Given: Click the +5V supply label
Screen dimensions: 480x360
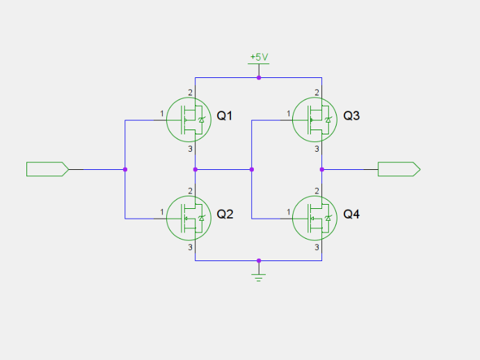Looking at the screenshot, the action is click(x=259, y=57).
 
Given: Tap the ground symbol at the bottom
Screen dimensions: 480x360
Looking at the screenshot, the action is click(x=259, y=278).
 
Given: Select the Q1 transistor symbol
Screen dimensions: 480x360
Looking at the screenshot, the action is click(x=189, y=120).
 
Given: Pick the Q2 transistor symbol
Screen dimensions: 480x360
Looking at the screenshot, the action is click(x=189, y=218).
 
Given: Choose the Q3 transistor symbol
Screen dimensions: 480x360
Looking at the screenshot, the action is click(x=314, y=120).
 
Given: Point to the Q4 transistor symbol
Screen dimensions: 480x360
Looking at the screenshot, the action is click(x=314, y=218).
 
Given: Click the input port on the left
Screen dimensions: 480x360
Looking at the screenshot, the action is click(x=48, y=169).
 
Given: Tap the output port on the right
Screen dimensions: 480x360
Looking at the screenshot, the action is click(x=399, y=169).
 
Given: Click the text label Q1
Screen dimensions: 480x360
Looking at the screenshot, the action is click(x=225, y=116).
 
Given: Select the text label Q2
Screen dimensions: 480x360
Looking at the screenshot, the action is click(x=225, y=214).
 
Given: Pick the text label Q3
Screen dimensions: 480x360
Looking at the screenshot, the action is click(x=351, y=116).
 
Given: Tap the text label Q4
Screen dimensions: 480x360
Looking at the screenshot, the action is click(x=351, y=214).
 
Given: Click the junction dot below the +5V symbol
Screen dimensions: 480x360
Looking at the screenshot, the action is click(x=259, y=78).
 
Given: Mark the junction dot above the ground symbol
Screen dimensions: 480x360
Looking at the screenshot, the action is click(x=259, y=260).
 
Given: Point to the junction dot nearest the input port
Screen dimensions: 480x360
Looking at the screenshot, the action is click(x=125, y=169).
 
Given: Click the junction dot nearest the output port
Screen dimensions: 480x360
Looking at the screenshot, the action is click(x=321, y=169).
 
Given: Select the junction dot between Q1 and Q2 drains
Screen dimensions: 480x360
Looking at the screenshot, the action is click(x=195, y=169).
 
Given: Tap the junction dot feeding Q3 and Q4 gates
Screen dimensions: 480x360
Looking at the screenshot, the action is click(x=252, y=169).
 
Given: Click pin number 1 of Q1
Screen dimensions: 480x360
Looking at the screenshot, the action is click(x=162, y=114).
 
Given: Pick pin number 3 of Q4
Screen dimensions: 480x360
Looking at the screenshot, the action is click(x=317, y=247).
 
